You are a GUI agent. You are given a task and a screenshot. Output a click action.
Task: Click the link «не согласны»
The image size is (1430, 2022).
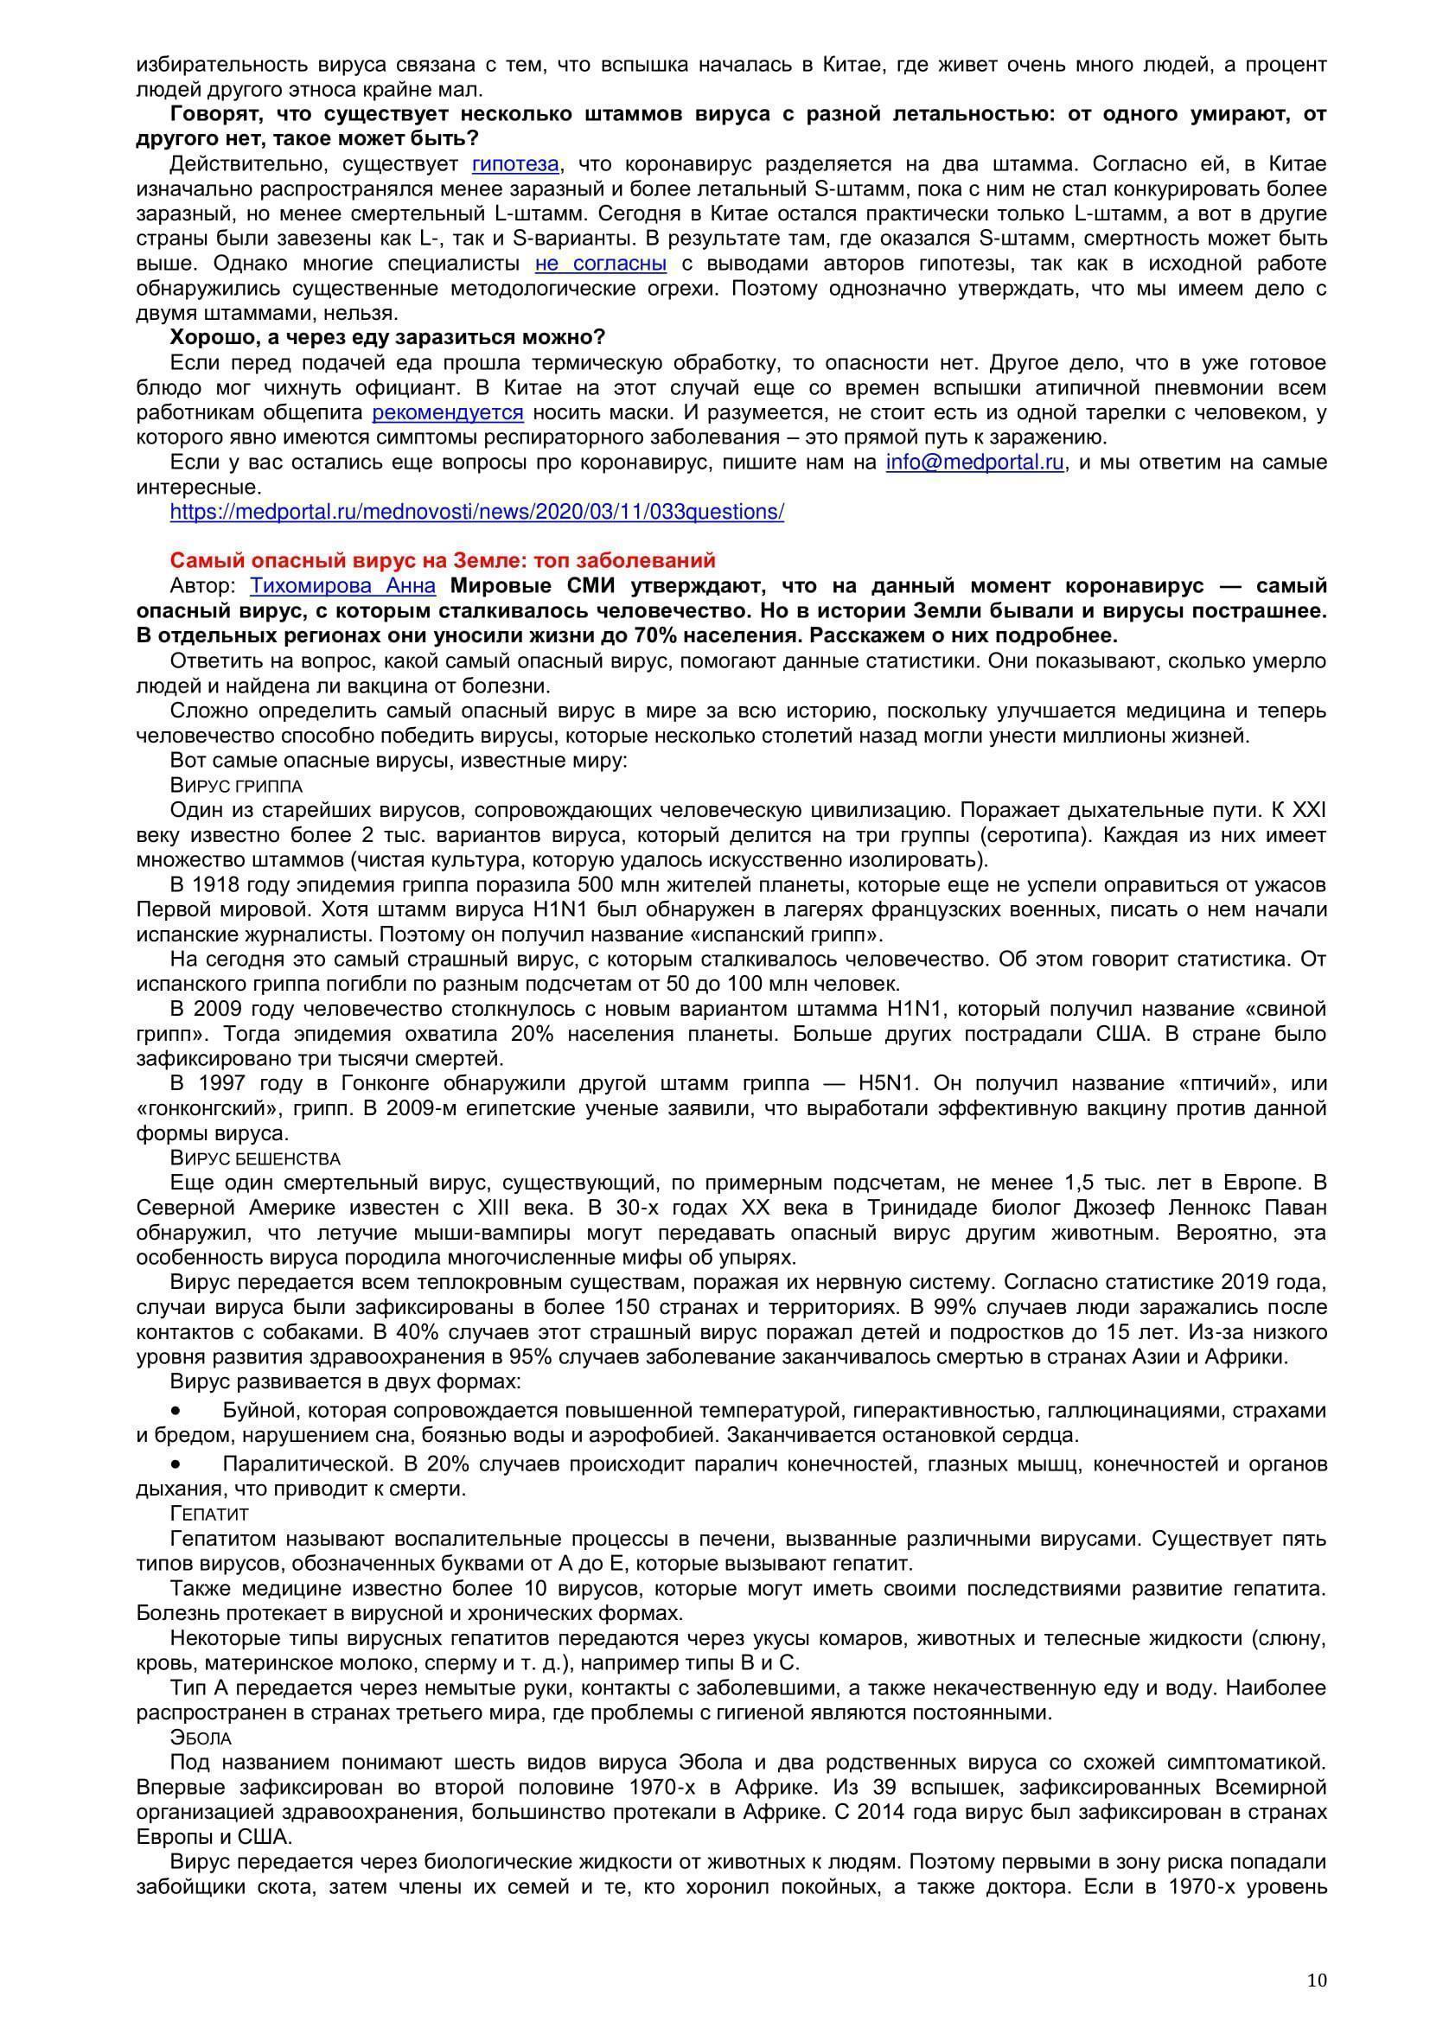pos(601,264)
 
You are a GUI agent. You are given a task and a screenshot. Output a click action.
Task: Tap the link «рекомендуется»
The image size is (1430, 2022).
pos(447,412)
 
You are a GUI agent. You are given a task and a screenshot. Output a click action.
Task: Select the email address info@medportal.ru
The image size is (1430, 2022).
pos(975,462)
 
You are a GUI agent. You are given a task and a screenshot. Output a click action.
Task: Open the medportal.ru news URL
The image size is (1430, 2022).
pos(476,512)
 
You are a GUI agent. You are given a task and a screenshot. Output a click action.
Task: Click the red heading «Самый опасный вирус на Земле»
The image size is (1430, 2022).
pos(442,561)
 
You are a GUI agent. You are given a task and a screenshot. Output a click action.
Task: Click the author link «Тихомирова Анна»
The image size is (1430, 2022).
pos(342,585)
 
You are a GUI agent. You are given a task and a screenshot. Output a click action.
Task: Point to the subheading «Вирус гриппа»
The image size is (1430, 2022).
pos(236,786)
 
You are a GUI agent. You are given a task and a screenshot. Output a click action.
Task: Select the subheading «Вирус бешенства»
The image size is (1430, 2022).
pos(255,1158)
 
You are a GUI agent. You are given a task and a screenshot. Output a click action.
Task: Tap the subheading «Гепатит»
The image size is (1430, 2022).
pos(209,1513)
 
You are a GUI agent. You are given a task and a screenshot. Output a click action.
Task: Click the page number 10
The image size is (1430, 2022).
pos(1318,1957)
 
